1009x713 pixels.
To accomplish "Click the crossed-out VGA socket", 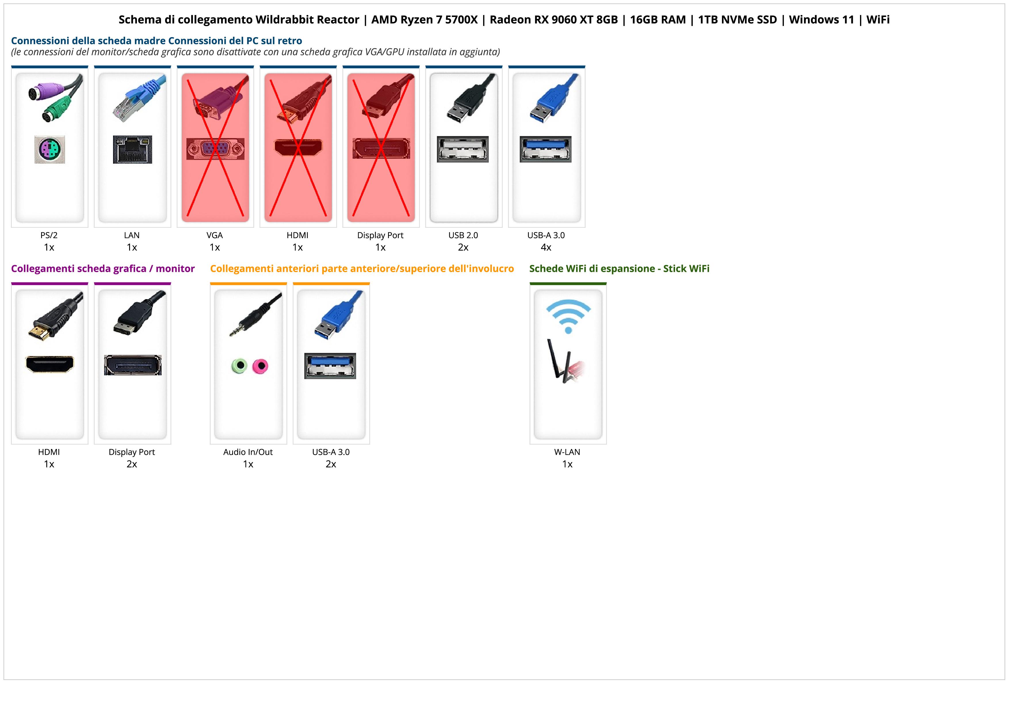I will pyautogui.click(x=215, y=149).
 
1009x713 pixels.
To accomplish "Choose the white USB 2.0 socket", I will pyautogui.click(x=463, y=149).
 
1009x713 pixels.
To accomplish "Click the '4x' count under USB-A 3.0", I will pyautogui.click(x=546, y=247).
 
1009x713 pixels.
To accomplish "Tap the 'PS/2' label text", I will pyautogui.click(x=49, y=235).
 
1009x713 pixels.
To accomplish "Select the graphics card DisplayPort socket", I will pyautogui.click(x=132, y=365).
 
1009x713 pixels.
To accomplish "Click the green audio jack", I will pyautogui.click(x=239, y=366).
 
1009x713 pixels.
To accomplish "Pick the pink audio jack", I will pyautogui.click(x=260, y=366).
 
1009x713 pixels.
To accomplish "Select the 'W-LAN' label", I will pyautogui.click(x=567, y=452).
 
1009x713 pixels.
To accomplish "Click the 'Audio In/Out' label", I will pyautogui.click(x=248, y=452).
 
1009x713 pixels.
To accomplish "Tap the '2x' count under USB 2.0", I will pyautogui.click(x=463, y=247).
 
